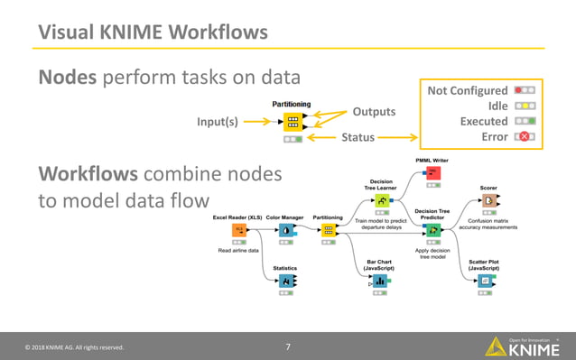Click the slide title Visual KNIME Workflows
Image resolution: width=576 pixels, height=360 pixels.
click(153, 32)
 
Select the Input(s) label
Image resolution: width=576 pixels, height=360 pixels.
click(217, 123)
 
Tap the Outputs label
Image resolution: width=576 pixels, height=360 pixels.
click(374, 111)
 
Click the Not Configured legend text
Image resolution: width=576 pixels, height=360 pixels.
click(467, 90)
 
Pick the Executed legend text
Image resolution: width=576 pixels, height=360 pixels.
click(484, 121)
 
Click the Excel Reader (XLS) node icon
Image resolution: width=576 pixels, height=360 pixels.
click(239, 230)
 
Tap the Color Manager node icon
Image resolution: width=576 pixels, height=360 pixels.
click(284, 230)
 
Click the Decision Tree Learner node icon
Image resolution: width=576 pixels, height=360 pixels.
click(382, 200)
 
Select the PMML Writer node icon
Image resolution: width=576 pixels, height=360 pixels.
click(432, 172)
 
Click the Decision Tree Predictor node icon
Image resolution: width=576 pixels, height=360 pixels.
click(432, 230)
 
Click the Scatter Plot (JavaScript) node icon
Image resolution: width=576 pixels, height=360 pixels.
click(486, 282)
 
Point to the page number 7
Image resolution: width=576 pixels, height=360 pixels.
click(288, 346)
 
